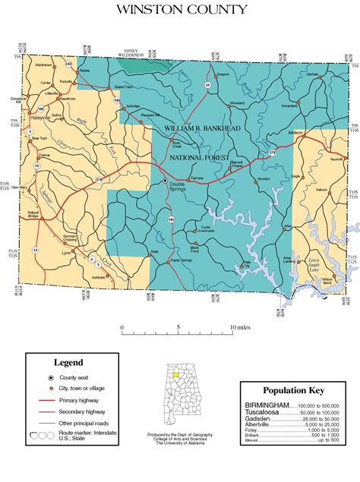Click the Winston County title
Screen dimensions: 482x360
pyautogui.click(x=180, y=10)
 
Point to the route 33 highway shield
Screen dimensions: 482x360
pyautogui.click(x=207, y=85)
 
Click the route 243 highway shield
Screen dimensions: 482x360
pyautogui.click(x=68, y=63)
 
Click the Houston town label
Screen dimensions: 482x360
pyautogui.click(x=264, y=178)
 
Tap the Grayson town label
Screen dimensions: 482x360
pyautogui.click(x=222, y=74)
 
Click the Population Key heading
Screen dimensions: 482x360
pyautogui.click(x=293, y=390)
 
